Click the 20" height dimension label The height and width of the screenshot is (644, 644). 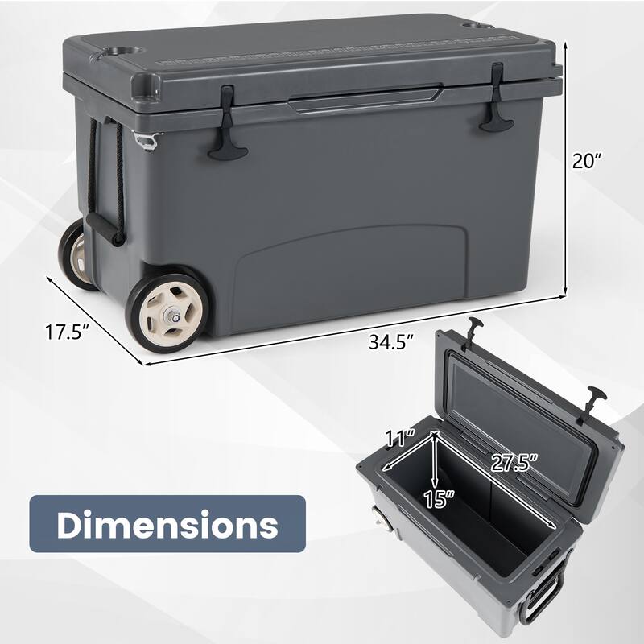pos(588,161)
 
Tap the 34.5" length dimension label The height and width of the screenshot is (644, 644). pos(390,341)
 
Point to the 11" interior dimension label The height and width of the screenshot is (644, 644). pos(400,438)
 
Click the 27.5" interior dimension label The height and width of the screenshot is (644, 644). pos(514,464)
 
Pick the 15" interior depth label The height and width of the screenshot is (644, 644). pos(439,498)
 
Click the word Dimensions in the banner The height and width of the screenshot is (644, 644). pos(167,525)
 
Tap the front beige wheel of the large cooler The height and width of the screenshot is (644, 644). pos(167,312)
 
